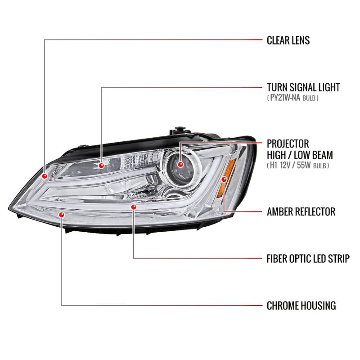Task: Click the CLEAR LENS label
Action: pyautogui.click(x=288, y=40)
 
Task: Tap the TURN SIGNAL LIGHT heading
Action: pyautogui.click(x=303, y=87)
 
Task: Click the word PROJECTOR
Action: pyautogui.click(x=288, y=144)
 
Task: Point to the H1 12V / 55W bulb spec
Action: pyautogui.click(x=298, y=166)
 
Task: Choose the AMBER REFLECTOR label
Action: pyautogui.click(x=301, y=211)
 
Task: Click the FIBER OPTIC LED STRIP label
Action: pyautogui.click(x=308, y=259)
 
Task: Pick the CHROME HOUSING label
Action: pyautogui.click(x=301, y=306)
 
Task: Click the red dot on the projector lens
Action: pyautogui.click(x=181, y=164)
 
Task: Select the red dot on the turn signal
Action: pyautogui.click(x=101, y=166)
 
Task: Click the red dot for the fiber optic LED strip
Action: pyautogui.click(x=134, y=207)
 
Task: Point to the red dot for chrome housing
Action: pyautogui.click(x=62, y=215)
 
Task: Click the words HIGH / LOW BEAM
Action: pyautogui.click(x=300, y=155)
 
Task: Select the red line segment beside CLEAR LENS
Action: pyautogui.click(x=250, y=40)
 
